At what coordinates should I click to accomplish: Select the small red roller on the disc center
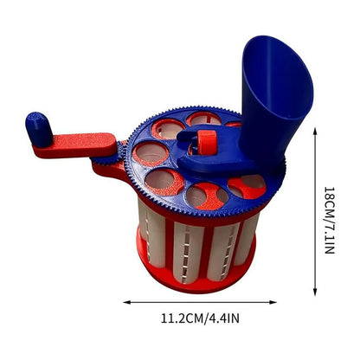[x=206, y=140]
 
